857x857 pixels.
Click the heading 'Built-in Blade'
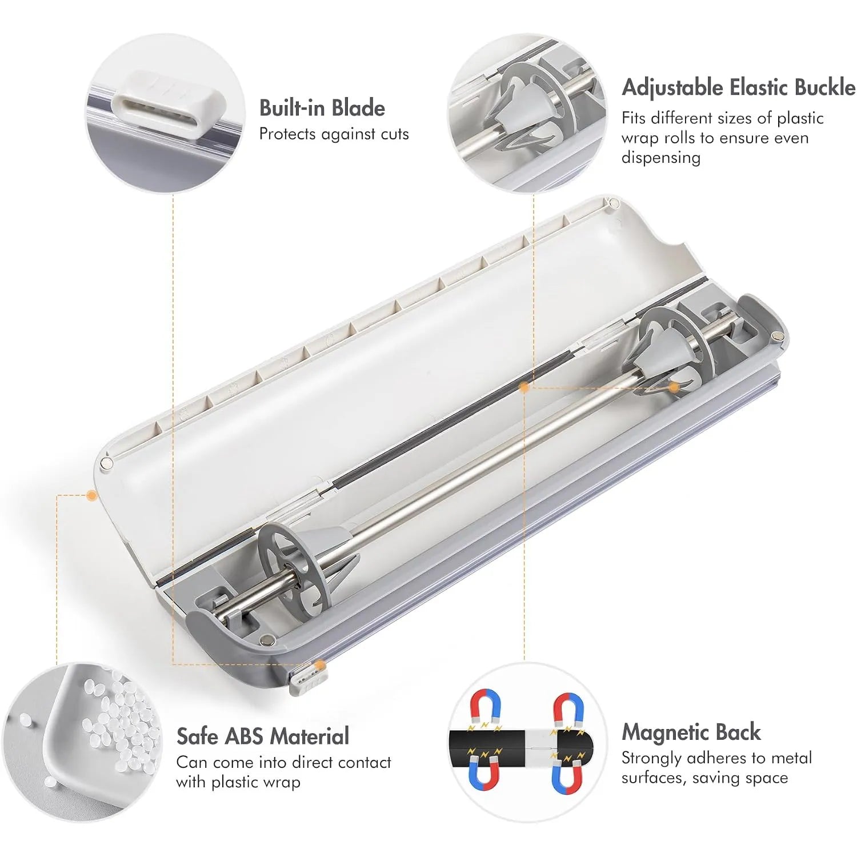pyautogui.click(x=322, y=108)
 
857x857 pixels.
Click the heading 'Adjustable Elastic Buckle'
pyautogui.click(x=738, y=87)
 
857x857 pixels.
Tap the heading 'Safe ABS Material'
pyautogui.click(x=262, y=736)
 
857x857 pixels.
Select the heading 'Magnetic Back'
pyautogui.click(x=691, y=732)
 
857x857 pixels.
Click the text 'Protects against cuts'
pyautogui.click(x=334, y=134)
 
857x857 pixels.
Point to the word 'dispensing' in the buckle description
pyautogui.click(x=661, y=158)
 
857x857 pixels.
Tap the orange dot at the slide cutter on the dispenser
pyautogui.click(x=321, y=664)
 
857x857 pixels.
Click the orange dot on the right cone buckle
pyautogui.click(x=674, y=387)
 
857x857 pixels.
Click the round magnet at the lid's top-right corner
pyautogui.click(x=614, y=202)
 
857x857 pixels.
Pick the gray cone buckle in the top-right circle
pyautogui.click(x=517, y=114)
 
